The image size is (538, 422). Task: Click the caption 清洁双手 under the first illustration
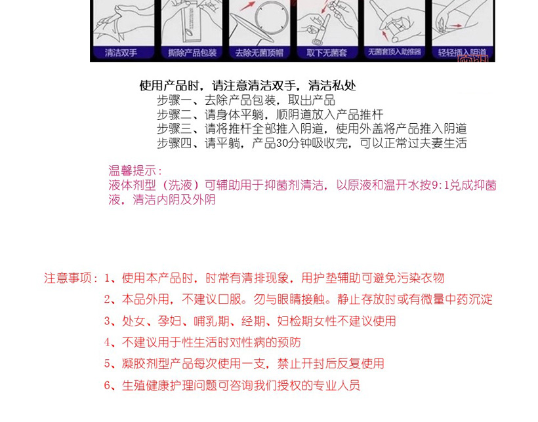click(x=121, y=53)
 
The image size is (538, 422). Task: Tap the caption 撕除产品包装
click(x=192, y=53)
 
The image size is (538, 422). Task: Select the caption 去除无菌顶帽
click(x=259, y=53)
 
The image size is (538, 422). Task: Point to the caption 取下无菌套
click(x=327, y=53)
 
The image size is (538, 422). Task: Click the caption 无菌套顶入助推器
click(x=394, y=52)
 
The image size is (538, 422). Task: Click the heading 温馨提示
click(x=132, y=170)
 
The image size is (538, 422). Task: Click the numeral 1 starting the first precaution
click(x=107, y=278)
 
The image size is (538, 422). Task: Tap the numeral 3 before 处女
click(x=107, y=321)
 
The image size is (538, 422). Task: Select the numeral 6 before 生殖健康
click(x=107, y=385)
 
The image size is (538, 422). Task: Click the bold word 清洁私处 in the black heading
click(x=332, y=85)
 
